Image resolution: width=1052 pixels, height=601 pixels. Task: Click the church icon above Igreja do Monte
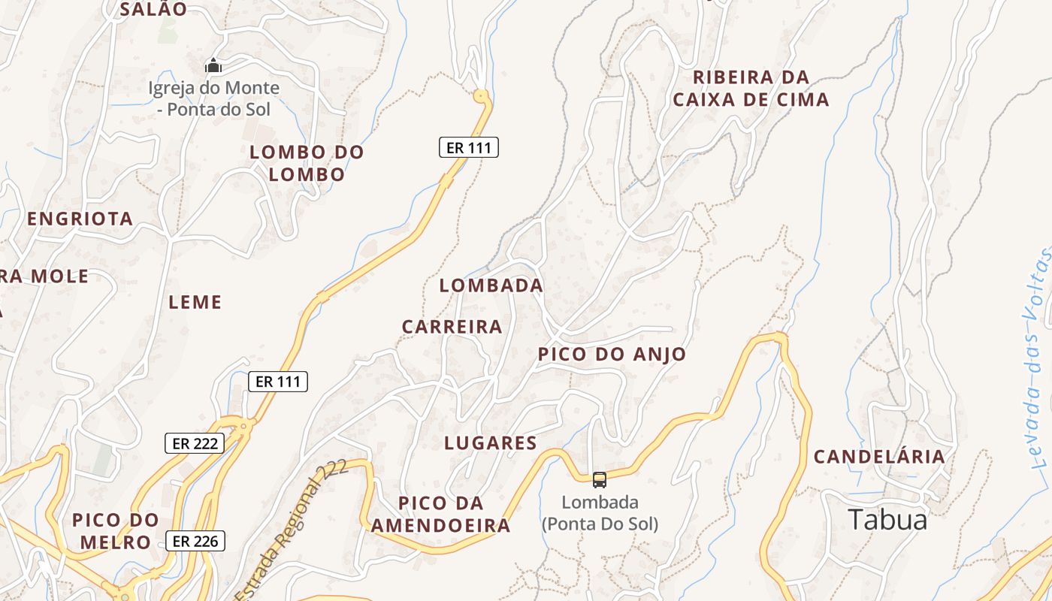tap(214, 65)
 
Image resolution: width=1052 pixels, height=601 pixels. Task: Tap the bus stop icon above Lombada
tap(599, 479)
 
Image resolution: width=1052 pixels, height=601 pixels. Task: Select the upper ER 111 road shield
tap(468, 148)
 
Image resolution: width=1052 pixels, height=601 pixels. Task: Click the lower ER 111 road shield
tap(277, 382)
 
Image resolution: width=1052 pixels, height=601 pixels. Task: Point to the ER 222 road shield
tap(195, 443)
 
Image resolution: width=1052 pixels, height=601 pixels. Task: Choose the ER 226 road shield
tap(195, 541)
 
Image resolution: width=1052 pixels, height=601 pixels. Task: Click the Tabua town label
tap(887, 520)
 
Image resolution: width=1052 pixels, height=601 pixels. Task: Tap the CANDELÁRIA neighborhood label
tap(879, 457)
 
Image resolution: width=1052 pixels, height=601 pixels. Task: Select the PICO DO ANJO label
tap(612, 355)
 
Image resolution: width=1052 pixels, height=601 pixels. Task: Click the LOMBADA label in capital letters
tap(491, 285)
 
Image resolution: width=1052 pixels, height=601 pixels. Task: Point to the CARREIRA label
tap(452, 327)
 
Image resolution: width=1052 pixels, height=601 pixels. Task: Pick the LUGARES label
tap(490, 443)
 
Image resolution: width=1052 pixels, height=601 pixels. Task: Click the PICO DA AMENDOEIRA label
tap(441, 514)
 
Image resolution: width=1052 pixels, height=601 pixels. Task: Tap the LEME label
tap(195, 302)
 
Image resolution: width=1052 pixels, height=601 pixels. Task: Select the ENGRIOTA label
tap(80, 219)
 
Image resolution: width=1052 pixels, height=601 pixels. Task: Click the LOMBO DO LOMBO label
tap(307, 163)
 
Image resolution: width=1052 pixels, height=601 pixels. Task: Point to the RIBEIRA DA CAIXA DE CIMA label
tap(751, 88)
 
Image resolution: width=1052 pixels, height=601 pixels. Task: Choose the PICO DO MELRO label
tap(116, 531)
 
